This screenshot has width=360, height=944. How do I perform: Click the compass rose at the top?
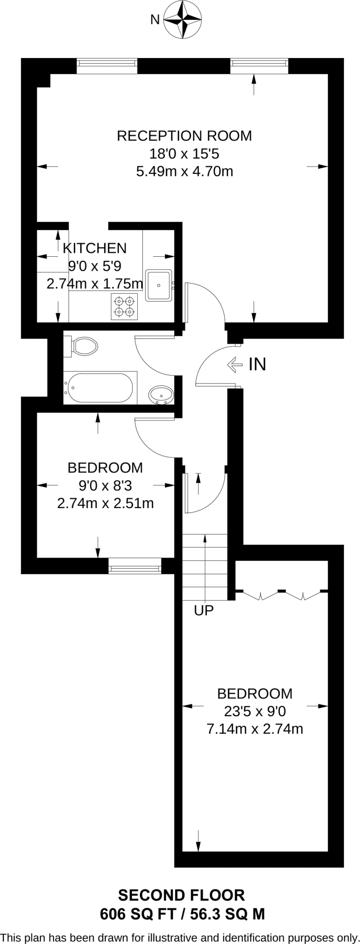183,19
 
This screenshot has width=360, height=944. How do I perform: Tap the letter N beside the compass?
155,20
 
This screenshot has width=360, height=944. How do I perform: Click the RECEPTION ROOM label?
184,136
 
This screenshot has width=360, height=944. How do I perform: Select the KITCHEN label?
94,248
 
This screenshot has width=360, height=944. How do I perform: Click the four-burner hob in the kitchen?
124,307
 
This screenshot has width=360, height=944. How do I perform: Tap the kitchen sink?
159,285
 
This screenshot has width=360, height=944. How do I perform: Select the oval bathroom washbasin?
161,395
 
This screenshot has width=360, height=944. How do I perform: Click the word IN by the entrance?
257,365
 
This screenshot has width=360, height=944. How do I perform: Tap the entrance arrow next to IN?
235,365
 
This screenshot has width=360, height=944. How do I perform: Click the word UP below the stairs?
204,611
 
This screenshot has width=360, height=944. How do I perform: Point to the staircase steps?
205,567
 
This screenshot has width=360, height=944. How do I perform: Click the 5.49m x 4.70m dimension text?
184,171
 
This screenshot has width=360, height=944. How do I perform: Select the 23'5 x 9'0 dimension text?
255,711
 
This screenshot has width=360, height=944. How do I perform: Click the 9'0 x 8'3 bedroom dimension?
105,485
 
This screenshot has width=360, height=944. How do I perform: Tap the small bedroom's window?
135,566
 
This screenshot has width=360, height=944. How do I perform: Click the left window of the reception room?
107,66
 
